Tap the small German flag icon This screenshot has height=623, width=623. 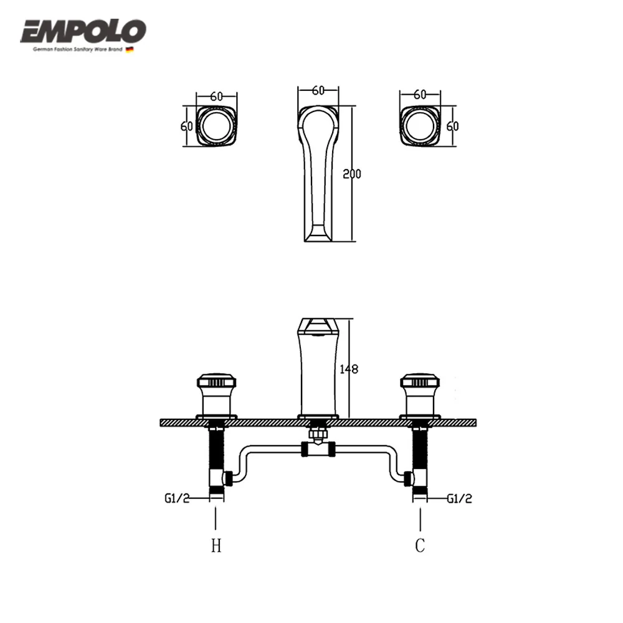130,49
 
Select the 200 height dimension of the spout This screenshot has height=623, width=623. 352,174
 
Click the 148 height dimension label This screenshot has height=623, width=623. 349,369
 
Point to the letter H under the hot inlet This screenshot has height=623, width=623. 216,546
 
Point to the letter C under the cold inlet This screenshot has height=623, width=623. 420,546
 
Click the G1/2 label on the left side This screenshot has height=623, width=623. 176,498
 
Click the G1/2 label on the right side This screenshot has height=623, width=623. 460,498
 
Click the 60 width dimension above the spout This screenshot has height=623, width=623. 318,91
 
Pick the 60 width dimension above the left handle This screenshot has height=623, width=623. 216,96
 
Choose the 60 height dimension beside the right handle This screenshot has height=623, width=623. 452,126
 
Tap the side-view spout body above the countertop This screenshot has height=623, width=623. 318,371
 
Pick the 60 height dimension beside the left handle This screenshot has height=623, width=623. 186,126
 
